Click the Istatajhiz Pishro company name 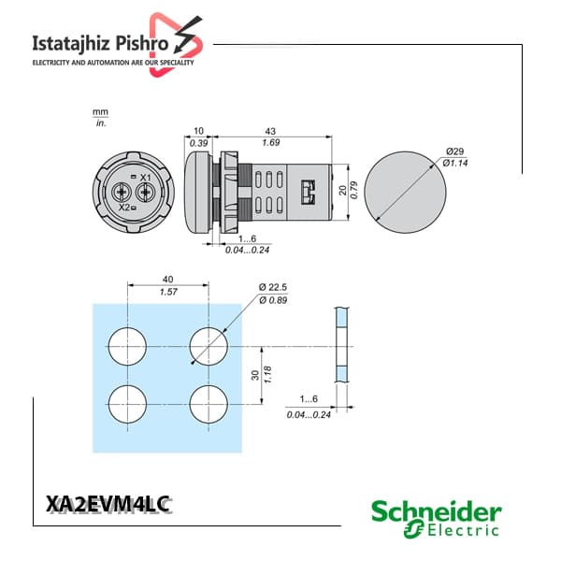(100, 44)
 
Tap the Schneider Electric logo (436, 518)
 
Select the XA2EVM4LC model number (108, 504)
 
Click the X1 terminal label (145, 178)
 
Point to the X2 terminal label (124, 208)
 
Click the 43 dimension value (270, 131)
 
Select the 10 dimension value (198, 131)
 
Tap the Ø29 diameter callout (454, 151)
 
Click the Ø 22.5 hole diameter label (273, 287)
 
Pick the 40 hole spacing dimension (167, 279)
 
